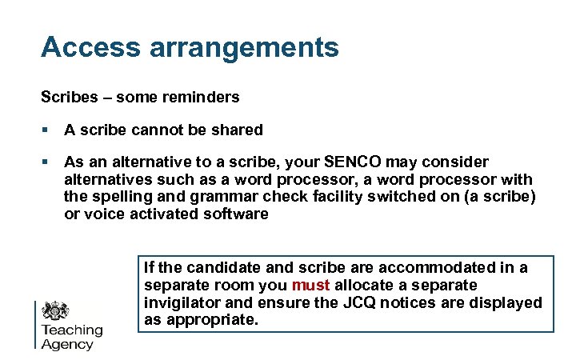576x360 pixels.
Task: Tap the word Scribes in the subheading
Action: (66, 98)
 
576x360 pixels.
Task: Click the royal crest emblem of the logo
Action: (55, 311)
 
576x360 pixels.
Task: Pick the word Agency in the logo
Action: (67, 345)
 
